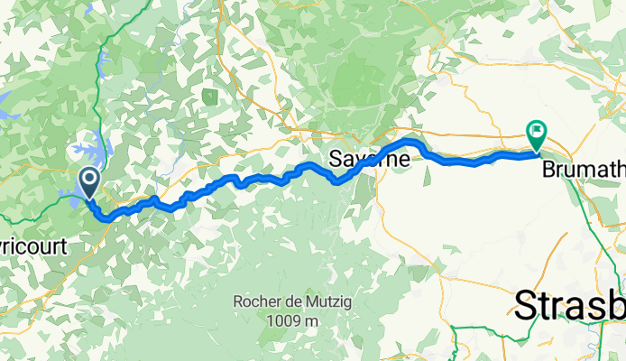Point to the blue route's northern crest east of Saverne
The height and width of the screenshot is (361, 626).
coord(410,142)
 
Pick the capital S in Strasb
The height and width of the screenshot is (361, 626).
coord(524,306)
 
